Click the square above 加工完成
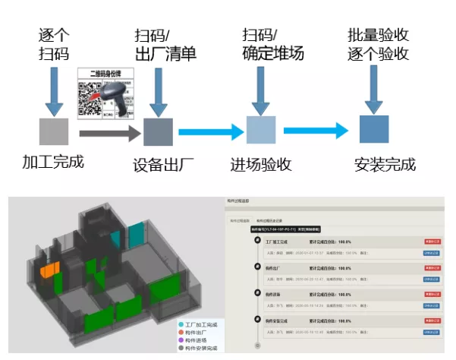tap(54, 131)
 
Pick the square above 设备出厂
tap(158, 131)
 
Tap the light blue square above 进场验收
tap(261, 130)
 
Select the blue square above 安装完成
tap(374, 129)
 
